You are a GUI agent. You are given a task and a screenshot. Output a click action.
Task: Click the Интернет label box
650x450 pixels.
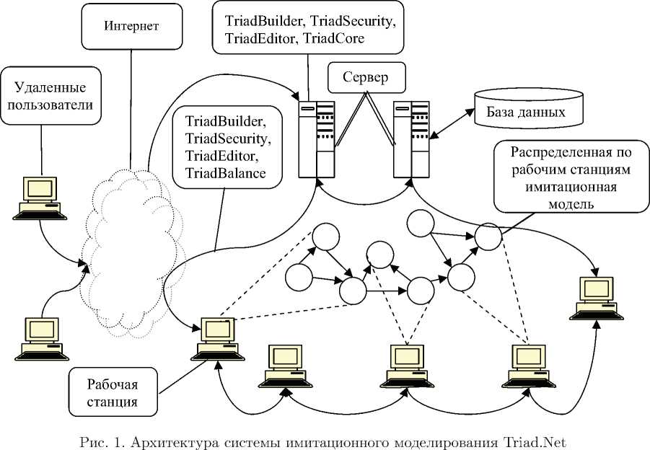click(131, 27)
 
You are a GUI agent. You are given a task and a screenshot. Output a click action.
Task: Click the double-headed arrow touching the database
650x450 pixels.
click(449, 123)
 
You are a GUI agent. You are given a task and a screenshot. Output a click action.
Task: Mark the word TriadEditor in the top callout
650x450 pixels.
click(258, 39)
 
